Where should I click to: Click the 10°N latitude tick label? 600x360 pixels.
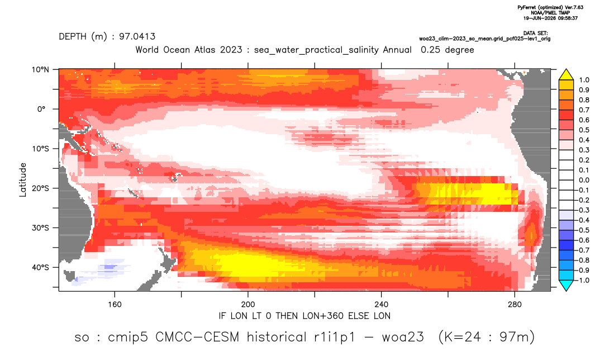[x=40, y=70]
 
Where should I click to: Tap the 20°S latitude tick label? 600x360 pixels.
[x=40, y=188]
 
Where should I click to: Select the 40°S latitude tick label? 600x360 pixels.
[x=40, y=267]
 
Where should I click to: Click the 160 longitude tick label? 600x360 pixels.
[x=115, y=305]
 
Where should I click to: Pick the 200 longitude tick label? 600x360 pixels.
[x=248, y=305]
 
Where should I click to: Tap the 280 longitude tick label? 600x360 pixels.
[x=515, y=305]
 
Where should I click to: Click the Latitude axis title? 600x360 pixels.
[x=23, y=180]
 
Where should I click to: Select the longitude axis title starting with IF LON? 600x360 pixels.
[x=304, y=316]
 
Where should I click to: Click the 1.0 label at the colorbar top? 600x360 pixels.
[x=584, y=80]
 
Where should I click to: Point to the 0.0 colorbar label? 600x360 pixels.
[x=584, y=181]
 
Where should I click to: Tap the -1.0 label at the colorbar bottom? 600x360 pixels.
[x=582, y=280]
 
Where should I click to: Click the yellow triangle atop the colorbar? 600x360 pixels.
[x=566, y=75]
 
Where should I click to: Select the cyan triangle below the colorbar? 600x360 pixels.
[x=566, y=285]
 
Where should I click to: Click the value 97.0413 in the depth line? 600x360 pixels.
[x=137, y=37]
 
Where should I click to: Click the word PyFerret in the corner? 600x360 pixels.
[x=527, y=7]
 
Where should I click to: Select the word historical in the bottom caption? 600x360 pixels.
[x=277, y=337]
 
